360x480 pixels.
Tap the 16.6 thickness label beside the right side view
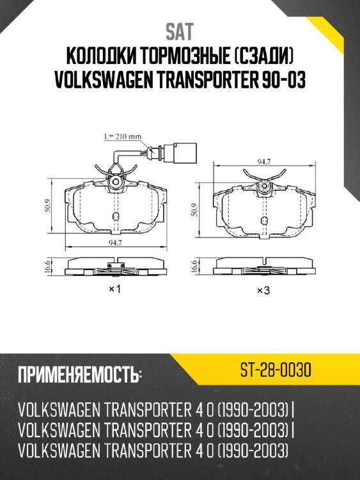194,267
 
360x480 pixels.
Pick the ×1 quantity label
115,289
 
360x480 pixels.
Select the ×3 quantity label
263,291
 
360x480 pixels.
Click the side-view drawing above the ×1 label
116,266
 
